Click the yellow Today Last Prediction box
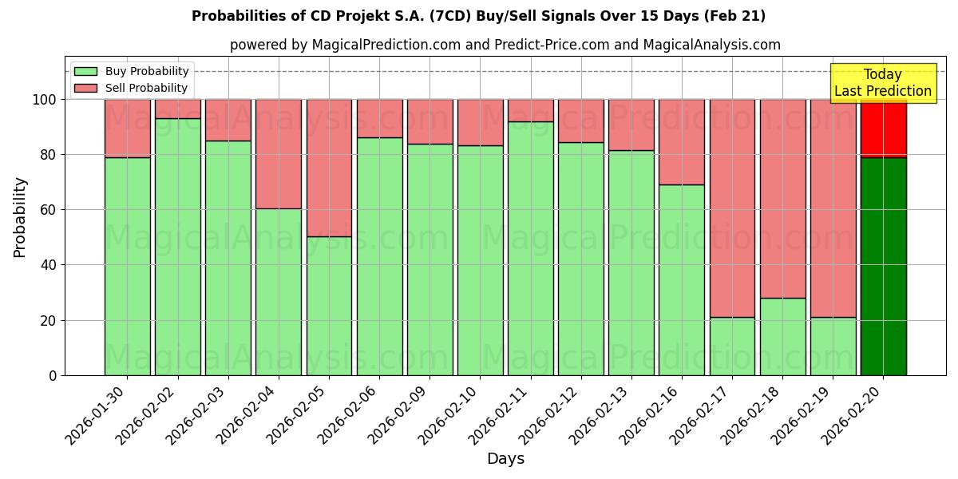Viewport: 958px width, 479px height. coord(883,83)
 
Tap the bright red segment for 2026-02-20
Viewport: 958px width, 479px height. coord(883,128)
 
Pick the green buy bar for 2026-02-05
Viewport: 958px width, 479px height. coord(329,306)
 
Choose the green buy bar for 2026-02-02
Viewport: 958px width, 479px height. coord(177,247)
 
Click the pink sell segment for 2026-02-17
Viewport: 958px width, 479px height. coord(732,208)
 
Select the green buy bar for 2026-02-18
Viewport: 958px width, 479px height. coord(782,336)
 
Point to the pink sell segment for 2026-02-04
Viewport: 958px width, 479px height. coord(279,153)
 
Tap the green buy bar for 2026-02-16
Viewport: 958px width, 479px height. coord(682,279)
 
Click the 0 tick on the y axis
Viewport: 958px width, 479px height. coord(53,375)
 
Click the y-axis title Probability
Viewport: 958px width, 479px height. coord(20,216)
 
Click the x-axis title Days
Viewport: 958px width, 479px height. coord(505,459)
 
